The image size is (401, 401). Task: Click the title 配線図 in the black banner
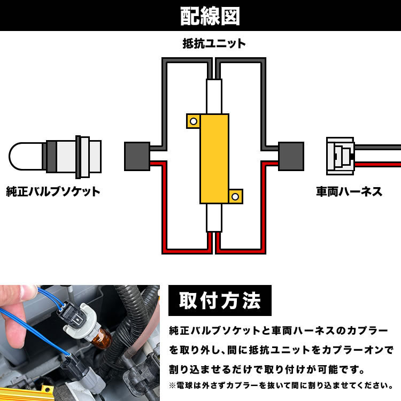(x=210, y=16)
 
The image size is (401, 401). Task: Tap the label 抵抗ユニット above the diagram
(x=214, y=43)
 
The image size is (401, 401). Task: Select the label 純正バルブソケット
(x=53, y=191)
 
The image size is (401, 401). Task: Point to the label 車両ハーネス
(x=349, y=191)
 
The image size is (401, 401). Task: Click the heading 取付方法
(x=220, y=300)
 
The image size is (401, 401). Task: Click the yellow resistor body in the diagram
(x=214, y=159)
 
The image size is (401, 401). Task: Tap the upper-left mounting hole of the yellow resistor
(x=194, y=121)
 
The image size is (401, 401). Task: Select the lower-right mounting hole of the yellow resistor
(x=235, y=197)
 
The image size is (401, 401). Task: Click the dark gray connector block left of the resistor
(x=137, y=156)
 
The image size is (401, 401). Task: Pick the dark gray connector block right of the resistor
(x=291, y=156)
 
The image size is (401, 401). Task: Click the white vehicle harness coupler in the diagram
(x=341, y=156)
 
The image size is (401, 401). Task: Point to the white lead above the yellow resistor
(x=214, y=96)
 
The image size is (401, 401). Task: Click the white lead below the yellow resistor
(x=214, y=218)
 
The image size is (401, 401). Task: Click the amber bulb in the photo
(x=102, y=338)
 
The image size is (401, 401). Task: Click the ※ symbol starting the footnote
(x=172, y=385)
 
